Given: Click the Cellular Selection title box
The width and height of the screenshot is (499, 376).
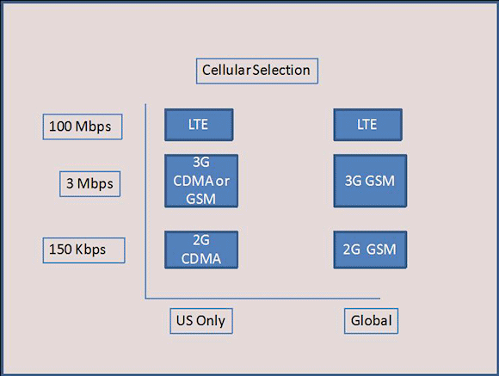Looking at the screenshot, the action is [257, 71].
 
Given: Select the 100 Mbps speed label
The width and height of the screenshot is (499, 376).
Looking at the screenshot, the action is [83, 126].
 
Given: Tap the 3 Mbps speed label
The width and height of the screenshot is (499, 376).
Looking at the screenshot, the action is [89, 184].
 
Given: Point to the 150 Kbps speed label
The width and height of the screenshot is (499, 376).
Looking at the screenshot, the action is [83, 250].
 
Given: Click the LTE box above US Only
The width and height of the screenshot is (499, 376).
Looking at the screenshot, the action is [199, 125].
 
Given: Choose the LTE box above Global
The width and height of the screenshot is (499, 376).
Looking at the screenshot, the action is [367, 125].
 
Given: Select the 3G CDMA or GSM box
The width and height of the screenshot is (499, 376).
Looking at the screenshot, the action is [201, 181].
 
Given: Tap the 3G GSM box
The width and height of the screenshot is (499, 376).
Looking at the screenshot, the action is [370, 181].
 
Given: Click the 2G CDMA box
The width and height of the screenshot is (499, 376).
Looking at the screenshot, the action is [201, 250].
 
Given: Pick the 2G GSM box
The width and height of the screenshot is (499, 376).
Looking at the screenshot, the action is [370, 250].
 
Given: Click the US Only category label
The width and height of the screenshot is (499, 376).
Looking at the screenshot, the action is [201, 321].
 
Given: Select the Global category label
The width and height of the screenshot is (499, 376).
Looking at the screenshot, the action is [371, 321].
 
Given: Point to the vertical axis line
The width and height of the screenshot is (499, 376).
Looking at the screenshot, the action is [145, 200].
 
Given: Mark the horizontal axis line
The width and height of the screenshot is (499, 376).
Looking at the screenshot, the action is [262, 299].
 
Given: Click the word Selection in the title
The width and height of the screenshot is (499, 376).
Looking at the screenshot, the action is [281, 70].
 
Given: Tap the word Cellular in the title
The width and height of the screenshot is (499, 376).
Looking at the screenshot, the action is [226, 70].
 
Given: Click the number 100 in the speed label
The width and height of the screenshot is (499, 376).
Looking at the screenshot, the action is [60, 126].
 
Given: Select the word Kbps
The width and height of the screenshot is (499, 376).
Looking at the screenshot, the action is [90, 250].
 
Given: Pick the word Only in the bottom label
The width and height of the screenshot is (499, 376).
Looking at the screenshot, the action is [211, 321].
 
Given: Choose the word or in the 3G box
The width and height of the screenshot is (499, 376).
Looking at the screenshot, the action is [223, 182].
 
